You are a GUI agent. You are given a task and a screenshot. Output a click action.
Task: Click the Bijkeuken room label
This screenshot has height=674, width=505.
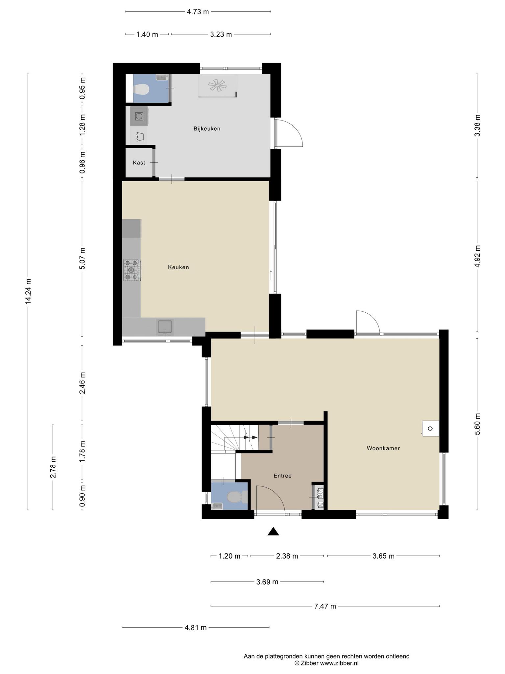pyautogui.click(x=207, y=129)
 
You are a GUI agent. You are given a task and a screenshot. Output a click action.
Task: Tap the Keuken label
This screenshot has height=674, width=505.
pyautogui.click(x=179, y=267)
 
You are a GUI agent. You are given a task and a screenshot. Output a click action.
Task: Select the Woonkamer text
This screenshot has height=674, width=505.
pyautogui.click(x=383, y=448)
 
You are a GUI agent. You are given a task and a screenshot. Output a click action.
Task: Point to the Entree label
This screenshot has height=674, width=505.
pyautogui.click(x=283, y=476)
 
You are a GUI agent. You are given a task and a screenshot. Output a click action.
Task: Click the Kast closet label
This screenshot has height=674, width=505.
pyautogui.click(x=139, y=163)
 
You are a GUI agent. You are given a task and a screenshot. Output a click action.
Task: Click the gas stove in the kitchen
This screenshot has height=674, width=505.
pyautogui.click(x=132, y=270)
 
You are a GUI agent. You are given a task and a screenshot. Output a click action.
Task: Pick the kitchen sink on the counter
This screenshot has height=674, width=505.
pyautogui.click(x=165, y=327)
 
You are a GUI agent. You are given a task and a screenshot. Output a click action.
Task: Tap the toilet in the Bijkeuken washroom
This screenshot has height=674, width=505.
pyautogui.click(x=141, y=89)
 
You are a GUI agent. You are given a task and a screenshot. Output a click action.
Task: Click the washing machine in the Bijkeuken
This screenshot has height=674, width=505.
pyautogui.click(x=139, y=116)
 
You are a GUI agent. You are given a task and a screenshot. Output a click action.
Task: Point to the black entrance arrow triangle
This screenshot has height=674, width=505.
pyautogui.click(x=273, y=531)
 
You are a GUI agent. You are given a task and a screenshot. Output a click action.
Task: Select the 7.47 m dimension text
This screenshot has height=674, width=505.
pyautogui.click(x=325, y=606)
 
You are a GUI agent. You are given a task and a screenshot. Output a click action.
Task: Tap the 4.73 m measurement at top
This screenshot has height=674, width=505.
pyautogui.click(x=198, y=12)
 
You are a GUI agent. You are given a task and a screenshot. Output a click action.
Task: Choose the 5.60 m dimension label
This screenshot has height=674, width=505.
pyautogui.click(x=478, y=424)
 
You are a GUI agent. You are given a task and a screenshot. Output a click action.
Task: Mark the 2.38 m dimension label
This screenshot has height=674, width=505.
pyautogui.click(x=287, y=556)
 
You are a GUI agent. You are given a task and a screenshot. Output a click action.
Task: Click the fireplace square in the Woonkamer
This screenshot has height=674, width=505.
pyautogui.click(x=430, y=428)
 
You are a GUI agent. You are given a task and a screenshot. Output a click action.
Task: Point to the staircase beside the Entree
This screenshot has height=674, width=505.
pyautogui.click(x=235, y=438)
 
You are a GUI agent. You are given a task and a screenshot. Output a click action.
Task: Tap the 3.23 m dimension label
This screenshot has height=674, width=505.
pyautogui.click(x=221, y=34)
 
